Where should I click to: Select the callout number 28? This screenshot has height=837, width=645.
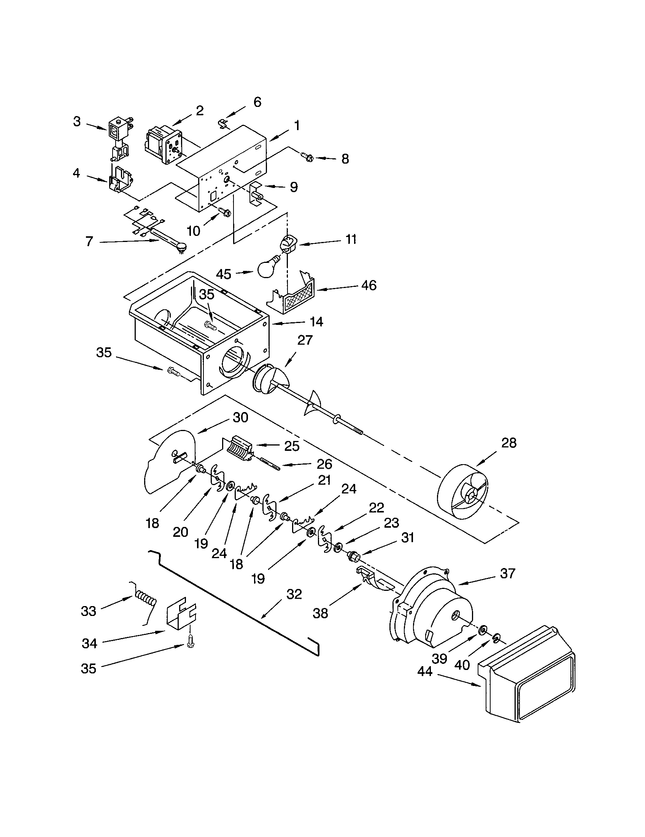pos(508,442)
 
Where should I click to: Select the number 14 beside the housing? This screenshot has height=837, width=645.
pos(316,321)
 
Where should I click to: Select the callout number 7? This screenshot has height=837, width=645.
pos(89,242)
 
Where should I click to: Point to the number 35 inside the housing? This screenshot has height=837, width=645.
pos(207,294)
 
